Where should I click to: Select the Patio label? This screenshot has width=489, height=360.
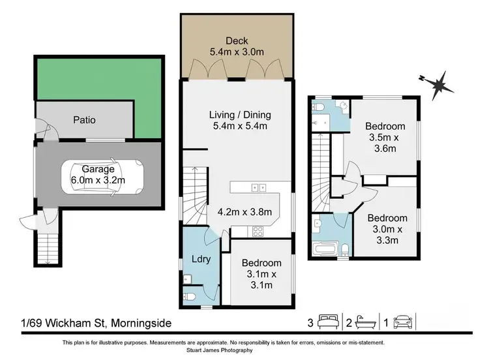[84, 120]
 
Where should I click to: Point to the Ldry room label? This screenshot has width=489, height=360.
[201, 259]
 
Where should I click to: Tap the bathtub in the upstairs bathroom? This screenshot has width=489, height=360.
[324, 249]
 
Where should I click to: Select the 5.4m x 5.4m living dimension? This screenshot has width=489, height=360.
[239, 127]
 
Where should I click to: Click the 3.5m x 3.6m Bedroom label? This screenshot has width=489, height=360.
[385, 137]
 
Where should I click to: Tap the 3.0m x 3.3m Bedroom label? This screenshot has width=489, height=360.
[387, 229]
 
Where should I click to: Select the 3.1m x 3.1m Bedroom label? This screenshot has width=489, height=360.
[261, 274]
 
